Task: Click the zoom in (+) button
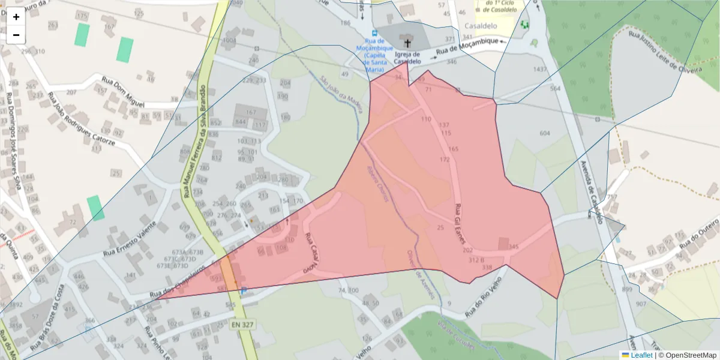click(x=16, y=17)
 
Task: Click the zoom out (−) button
click(x=16, y=35)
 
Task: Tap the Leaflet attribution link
click(x=641, y=355)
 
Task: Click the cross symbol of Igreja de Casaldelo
click(x=409, y=43)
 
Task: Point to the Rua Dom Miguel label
click(x=123, y=90)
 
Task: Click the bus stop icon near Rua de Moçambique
click(x=374, y=33)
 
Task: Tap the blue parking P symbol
click(x=244, y=292)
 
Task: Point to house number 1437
click(x=541, y=70)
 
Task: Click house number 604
click(x=545, y=133)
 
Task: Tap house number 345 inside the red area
click(x=513, y=247)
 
